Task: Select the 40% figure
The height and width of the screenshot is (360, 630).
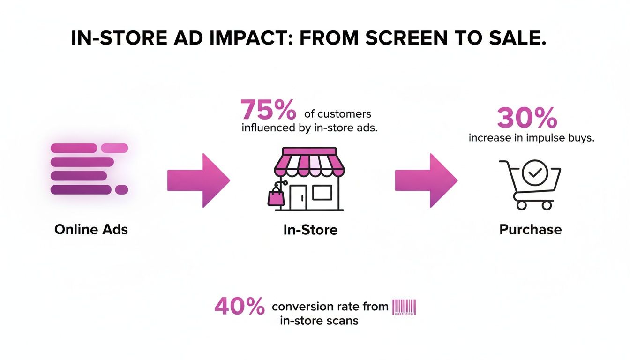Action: (240, 307)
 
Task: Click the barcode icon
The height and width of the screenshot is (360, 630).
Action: (404, 307)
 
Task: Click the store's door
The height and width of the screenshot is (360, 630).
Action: (298, 197)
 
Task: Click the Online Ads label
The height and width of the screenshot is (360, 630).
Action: (91, 229)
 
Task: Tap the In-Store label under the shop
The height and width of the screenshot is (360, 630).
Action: (310, 230)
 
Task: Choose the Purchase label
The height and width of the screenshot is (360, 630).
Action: (530, 229)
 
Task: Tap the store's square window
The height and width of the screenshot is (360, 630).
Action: (322, 192)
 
